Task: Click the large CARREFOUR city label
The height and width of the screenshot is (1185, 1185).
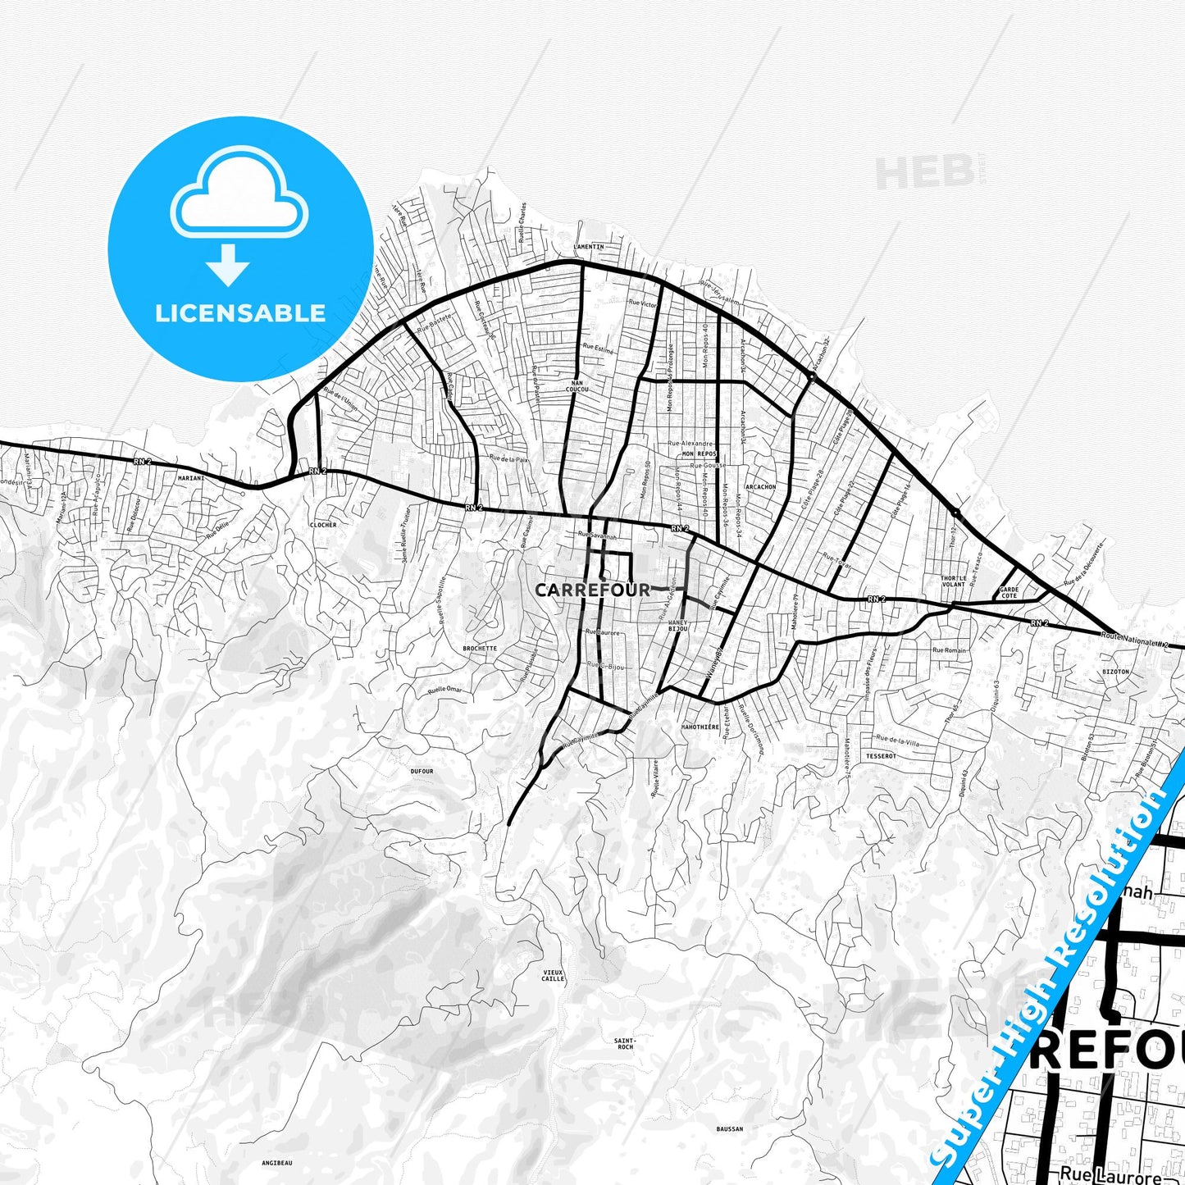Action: point(592,590)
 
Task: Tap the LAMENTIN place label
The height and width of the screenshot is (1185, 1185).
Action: point(588,247)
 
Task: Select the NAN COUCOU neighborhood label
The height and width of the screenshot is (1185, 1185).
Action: point(577,386)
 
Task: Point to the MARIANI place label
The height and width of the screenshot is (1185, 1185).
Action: point(191,476)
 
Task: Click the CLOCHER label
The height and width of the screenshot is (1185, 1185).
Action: point(323,525)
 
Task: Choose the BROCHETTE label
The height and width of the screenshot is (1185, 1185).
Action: point(480,648)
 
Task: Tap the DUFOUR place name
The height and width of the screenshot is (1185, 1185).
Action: point(422,772)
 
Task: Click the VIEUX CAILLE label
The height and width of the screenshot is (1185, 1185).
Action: point(554,975)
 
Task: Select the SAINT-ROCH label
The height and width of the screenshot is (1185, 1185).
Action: point(625,1044)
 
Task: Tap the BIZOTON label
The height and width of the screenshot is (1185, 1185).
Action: point(1116,671)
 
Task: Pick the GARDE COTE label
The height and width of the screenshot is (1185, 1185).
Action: point(1009,592)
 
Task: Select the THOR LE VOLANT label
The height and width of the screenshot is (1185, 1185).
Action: point(953,581)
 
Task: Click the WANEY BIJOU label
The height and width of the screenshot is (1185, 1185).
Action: point(677,627)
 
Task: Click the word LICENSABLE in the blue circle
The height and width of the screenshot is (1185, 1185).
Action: point(240,312)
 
